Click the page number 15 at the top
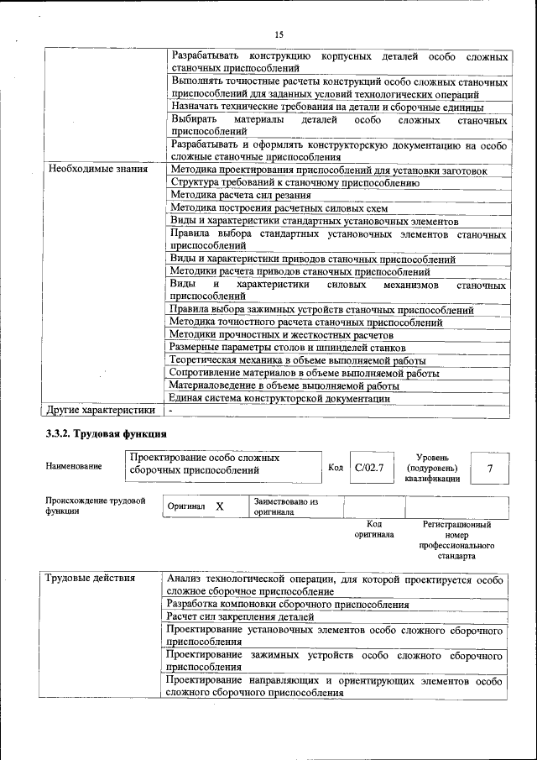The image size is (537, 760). (x=279, y=34)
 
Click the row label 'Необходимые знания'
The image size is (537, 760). (x=98, y=169)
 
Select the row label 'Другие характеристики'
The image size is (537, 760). (x=101, y=411)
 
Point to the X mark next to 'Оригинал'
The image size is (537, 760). (x=219, y=507)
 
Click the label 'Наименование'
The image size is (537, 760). (x=75, y=466)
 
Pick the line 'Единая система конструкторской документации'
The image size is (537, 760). (x=279, y=398)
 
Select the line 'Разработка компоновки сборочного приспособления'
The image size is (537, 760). (x=287, y=604)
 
